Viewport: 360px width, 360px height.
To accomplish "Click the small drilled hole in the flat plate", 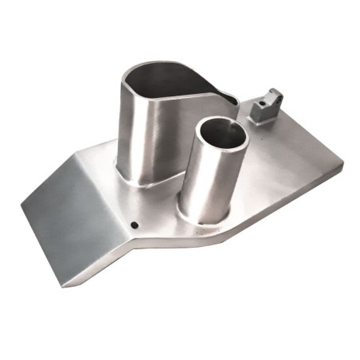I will (x=135, y=225).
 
